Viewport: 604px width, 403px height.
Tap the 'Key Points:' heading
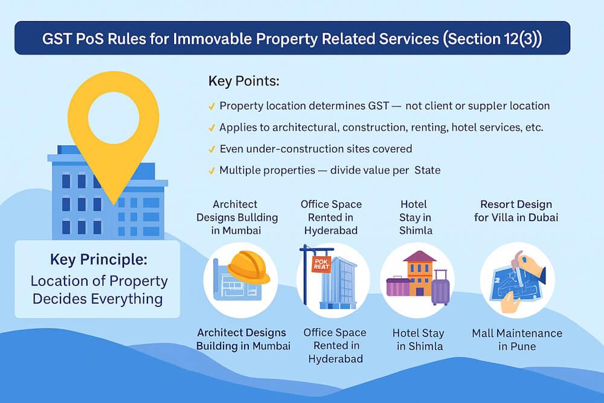coord(243,81)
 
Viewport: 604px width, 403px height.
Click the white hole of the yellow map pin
coord(114,115)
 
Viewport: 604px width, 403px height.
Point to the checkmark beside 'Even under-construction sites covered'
coord(211,149)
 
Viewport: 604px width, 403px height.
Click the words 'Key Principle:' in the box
coord(98,260)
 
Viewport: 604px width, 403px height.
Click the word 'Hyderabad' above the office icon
coord(331,230)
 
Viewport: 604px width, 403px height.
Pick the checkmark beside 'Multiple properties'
coord(211,170)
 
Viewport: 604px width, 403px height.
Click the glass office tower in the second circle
coord(340,281)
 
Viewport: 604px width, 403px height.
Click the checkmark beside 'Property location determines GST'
coord(211,106)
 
